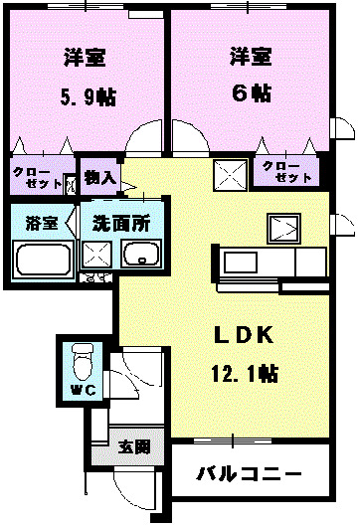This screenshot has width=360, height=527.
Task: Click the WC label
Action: [x=82, y=389]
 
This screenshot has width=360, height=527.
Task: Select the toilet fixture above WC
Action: [x=82, y=357]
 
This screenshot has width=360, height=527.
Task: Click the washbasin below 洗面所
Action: [x=141, y=257]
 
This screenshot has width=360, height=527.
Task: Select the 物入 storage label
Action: [x=99, y=178]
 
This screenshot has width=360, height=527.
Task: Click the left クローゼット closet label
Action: [x=36, y=178]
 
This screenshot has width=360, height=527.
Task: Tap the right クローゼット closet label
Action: [x=288, y=171]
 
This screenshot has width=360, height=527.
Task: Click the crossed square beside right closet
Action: [x=230, y=175]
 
